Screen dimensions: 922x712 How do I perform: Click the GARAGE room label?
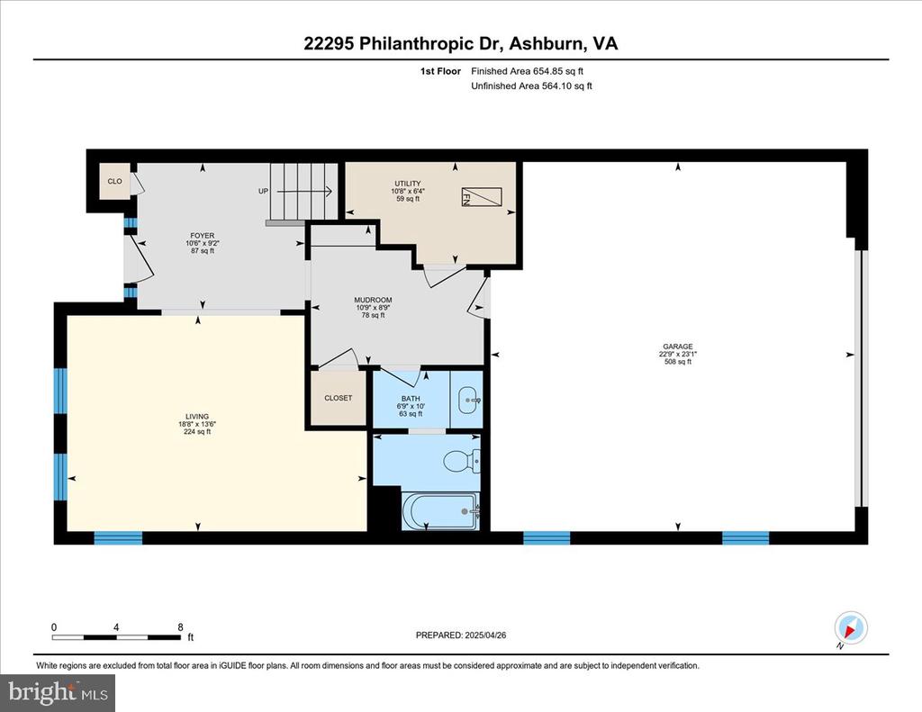click(x=677, y=347)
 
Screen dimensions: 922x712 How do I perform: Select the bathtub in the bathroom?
click(x=441, y=511)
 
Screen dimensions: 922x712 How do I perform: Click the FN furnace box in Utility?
click(x=482, y=197)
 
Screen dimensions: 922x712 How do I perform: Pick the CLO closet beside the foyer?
click(x=114, y=181)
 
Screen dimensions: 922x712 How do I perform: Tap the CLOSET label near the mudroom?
click(x=339, y=398)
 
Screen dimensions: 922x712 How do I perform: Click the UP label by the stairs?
click(x=264, y=191)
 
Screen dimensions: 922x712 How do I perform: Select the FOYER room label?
click(x=203, y=236)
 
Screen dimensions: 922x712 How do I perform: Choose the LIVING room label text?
click(x=197, y=416)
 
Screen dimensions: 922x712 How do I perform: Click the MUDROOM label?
click(x=373, y=300)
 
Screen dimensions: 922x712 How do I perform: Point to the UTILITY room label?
click(x=408, y=184)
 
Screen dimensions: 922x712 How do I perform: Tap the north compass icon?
click(x=850, y=628)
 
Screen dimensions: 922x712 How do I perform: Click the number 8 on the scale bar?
click(x=180, y=627)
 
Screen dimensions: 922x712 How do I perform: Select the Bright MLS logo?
click(x=58, y=692)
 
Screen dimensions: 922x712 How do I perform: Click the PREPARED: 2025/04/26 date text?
click(x=461, y=635)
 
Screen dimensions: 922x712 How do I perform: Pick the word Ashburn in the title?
click(x=547, y=43)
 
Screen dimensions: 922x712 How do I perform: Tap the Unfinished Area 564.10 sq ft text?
click(x=531, y=86)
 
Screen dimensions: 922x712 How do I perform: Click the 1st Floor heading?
click(x=440, y=71)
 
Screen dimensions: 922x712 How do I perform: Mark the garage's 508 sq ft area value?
click(x=678, y=362)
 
